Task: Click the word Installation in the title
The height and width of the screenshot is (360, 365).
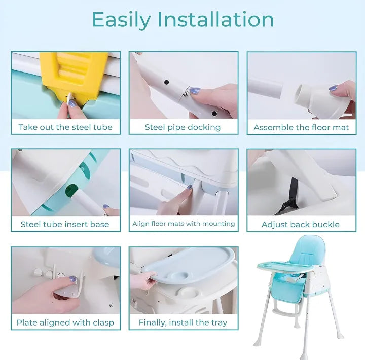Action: (215, 19)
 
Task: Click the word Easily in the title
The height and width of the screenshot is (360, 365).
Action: (121, 19)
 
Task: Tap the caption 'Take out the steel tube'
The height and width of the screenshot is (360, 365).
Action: (65, 127)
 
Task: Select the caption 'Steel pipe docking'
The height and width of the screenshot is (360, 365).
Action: (182, 127)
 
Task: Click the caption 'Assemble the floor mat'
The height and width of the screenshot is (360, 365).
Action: (301, 127)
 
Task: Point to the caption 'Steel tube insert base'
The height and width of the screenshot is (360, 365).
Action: (65, 224)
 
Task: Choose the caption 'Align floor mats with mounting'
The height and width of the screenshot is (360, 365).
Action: (184, 224)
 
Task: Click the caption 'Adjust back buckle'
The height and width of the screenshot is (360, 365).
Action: (301, 224)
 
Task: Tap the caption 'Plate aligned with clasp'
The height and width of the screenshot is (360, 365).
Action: (65, 322)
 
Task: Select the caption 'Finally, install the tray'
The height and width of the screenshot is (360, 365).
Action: (183, 322)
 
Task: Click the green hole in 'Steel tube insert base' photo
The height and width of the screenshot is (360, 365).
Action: (71, 192)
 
